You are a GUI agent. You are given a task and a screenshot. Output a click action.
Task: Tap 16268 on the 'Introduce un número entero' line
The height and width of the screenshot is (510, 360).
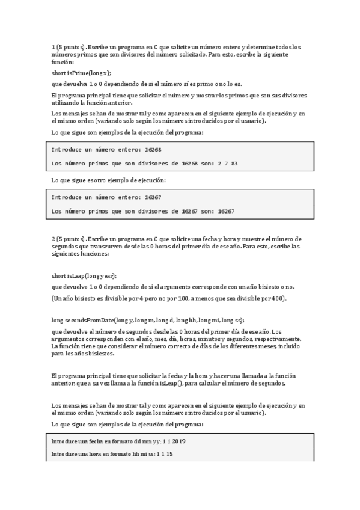point(153,149)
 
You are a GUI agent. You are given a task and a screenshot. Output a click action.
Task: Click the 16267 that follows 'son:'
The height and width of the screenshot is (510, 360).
point(226,211)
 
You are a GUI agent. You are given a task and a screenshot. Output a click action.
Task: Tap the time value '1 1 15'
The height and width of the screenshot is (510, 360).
point(165,454)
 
